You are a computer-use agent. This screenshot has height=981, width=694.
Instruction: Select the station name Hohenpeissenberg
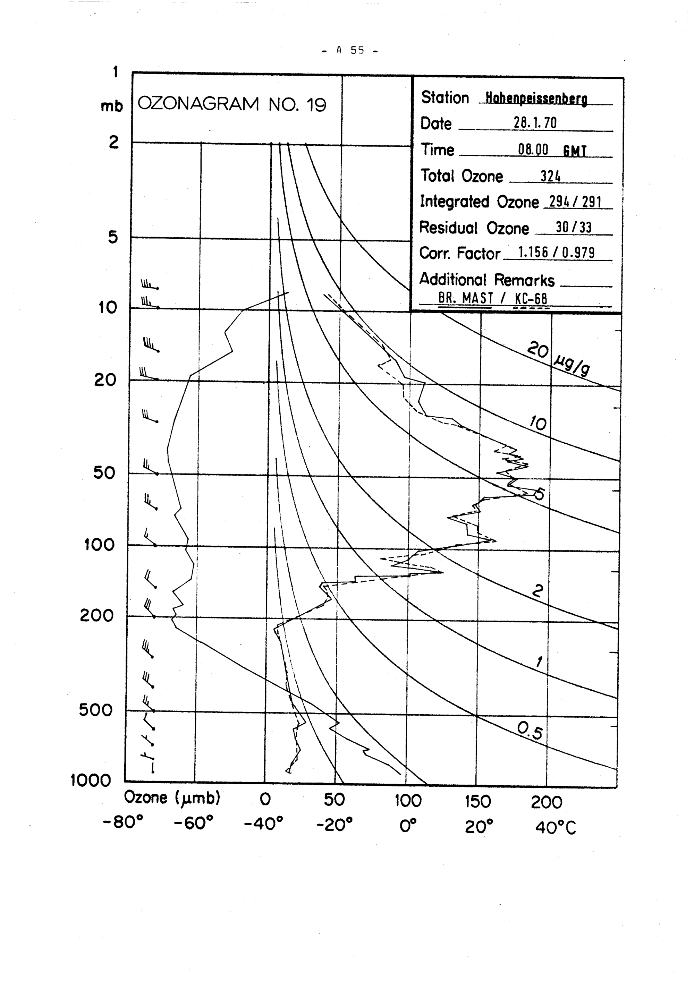coord(533,99)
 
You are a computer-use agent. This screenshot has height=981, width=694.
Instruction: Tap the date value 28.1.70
coord(535,123)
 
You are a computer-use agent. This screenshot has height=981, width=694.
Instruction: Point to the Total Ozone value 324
coord(550,176)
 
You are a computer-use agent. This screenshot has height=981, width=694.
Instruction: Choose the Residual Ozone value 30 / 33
coord(574,227)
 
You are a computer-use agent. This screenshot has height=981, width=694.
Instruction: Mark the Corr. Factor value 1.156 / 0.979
coord(556,253)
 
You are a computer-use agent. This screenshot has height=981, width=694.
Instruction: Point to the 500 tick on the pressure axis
coord(95,710)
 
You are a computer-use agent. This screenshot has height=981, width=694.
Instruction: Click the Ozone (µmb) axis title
coord(172,797)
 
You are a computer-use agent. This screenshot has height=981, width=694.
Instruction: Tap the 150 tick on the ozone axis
coord(478,802)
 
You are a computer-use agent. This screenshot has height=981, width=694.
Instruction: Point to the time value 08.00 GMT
coord(551,150)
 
